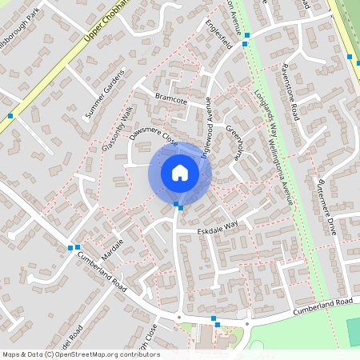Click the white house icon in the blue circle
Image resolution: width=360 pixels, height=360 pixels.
(179, 172)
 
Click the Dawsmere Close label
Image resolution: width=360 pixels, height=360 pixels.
(154, 127)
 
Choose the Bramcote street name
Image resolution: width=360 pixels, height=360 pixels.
(170, 101)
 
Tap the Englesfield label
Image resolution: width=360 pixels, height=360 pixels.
(218, 34)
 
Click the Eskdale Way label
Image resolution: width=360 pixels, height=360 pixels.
(218, 230)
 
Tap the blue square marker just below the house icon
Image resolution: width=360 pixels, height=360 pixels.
(178, 206)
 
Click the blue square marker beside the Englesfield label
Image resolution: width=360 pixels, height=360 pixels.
(246, 35)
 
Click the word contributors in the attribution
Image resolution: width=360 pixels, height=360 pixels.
(140, 354)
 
